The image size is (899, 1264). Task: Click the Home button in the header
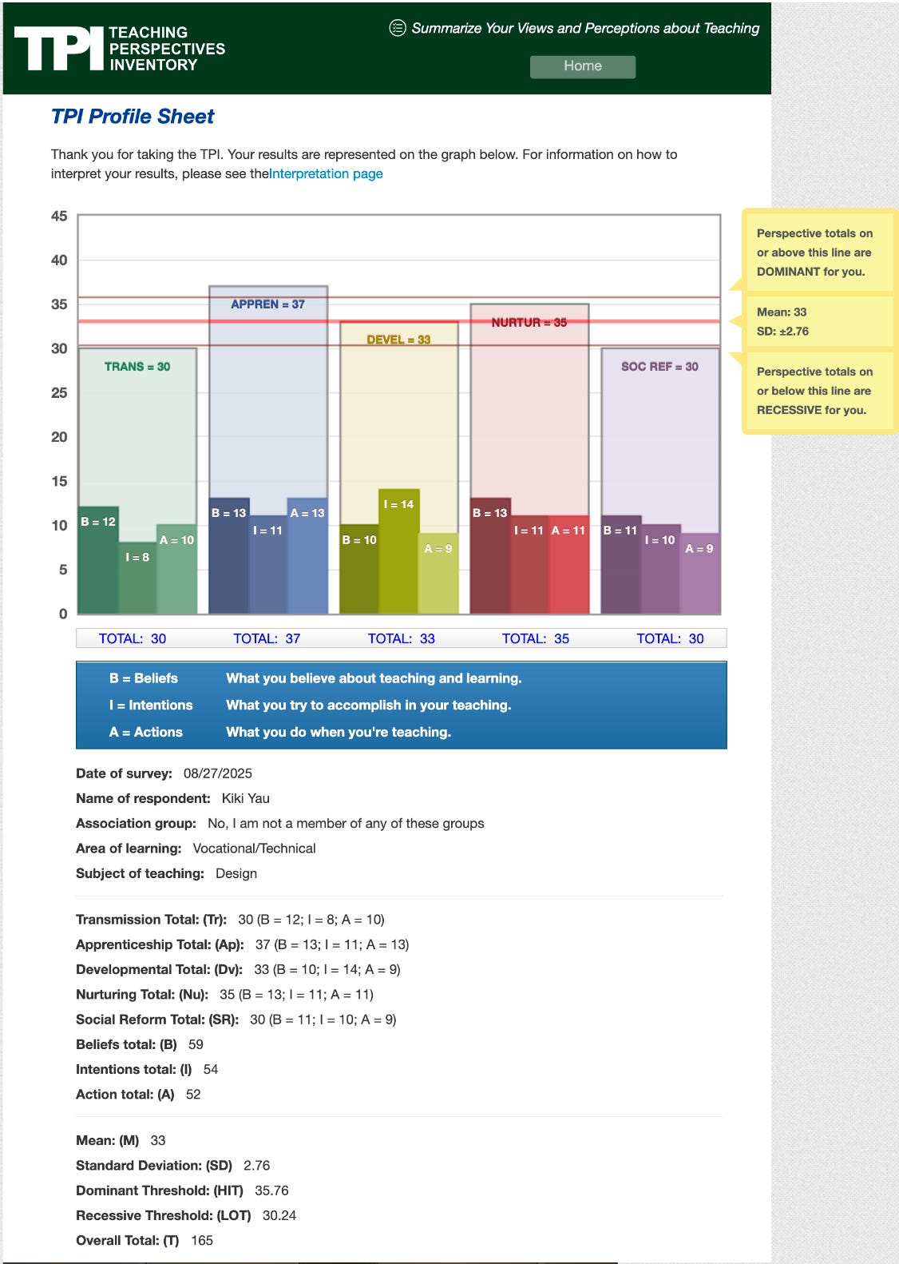[583, 66]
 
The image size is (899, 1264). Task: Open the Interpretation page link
[327, 174]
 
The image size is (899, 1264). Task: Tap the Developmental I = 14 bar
[398, 551]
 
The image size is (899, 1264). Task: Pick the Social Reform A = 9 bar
[699, 574]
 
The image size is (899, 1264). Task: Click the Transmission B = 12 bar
[98, 559]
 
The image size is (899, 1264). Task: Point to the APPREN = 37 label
[267, 304]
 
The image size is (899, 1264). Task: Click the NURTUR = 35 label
[529, 323]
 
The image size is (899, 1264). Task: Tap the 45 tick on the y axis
[59, 217]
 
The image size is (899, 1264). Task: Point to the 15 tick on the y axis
[59, 482]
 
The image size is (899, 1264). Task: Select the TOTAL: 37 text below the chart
[267, 638]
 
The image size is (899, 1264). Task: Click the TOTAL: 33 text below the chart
[401, 638]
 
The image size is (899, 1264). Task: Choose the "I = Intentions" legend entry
[151, 706]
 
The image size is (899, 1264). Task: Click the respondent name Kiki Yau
[245, 798]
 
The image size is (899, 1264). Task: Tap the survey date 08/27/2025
[217, 773]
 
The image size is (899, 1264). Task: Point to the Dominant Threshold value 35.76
[271, 1190]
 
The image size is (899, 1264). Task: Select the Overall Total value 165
[202, 1241]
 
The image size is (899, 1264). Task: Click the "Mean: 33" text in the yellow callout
[782, 312]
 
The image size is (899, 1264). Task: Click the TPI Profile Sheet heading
[133, 117]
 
